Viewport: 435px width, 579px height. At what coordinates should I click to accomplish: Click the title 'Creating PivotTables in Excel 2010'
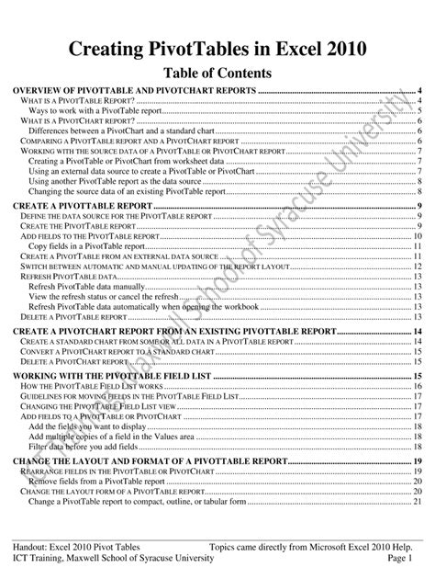[217, 47]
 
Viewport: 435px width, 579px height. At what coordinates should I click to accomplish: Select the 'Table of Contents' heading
[217, 72]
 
